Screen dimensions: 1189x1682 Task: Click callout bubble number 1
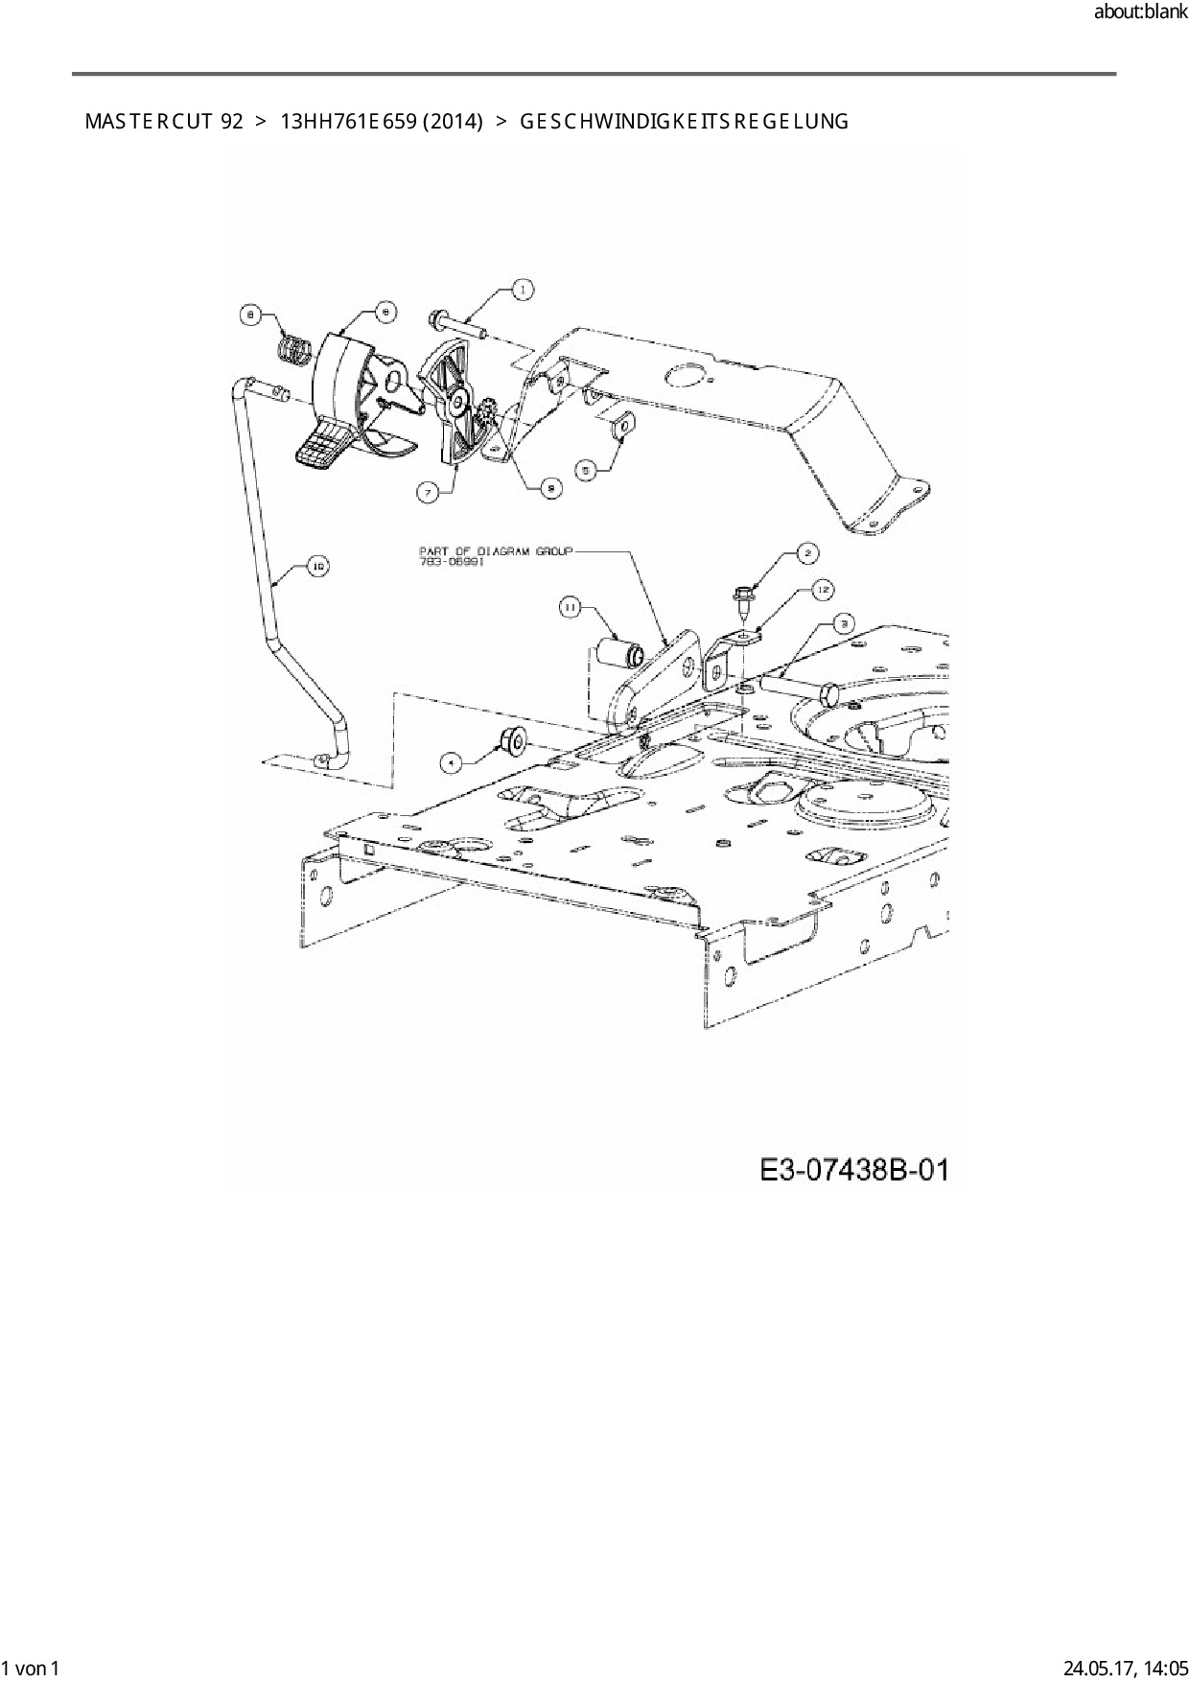pos(522,289)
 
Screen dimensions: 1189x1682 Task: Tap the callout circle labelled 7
pos(426,492)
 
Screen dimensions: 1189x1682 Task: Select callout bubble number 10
pos(317,567)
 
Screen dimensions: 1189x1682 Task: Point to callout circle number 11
pos(570,607)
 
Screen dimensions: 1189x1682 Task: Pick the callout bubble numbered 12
pos(821,590)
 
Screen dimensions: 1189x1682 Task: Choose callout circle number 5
pos(588,469)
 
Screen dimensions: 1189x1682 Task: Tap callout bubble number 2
pos(807,552)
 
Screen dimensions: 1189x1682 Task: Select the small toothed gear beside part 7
pos(486,414)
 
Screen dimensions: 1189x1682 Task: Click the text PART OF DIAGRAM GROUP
pos(495,551)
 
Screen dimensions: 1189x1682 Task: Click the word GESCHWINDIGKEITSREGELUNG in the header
pos(684,122)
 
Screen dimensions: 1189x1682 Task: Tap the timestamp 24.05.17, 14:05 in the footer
pos(1126,1668)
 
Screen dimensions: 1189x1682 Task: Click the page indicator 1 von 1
pos(32,1668)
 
